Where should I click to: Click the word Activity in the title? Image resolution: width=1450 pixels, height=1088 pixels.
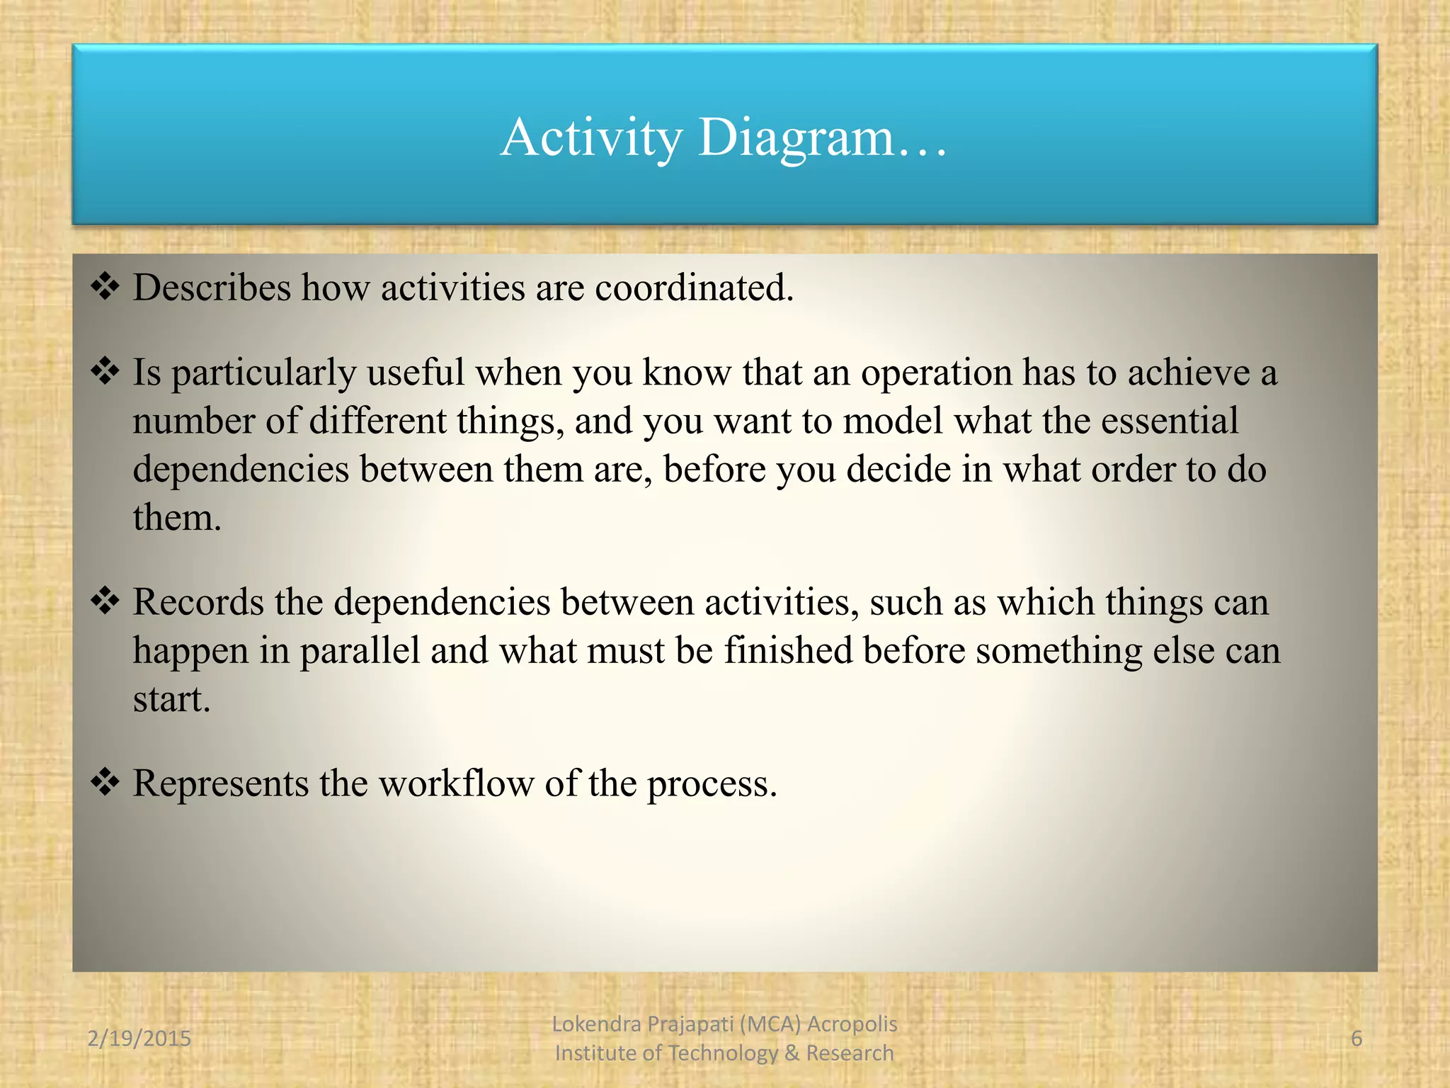(591, 137)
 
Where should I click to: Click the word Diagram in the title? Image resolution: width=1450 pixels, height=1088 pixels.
(797, 137)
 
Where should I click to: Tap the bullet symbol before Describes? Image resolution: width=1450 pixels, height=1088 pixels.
(105, 287)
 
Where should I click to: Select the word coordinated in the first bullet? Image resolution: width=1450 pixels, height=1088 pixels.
(694, 288)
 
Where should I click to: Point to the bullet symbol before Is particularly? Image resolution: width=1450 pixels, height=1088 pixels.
(105, 371)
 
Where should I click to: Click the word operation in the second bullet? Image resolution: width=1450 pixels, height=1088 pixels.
(936, 373)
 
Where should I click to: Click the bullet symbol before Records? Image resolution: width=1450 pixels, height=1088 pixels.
(105, 601)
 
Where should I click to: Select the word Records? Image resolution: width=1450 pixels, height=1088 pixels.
(198, 602)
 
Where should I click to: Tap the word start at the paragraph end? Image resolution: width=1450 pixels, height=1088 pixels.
(171, 699)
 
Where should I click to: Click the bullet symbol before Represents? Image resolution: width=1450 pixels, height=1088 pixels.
(105, 783)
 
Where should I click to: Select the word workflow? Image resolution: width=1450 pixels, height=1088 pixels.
(456, 783)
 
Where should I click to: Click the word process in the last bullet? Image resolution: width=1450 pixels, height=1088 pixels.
(712, 785)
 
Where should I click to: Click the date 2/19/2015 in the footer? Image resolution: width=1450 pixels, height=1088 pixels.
(139, 1038)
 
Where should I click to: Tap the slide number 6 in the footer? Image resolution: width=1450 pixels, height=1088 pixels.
(1357, 1038)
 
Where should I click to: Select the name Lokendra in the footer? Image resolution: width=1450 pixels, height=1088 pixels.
(596, 1024)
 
